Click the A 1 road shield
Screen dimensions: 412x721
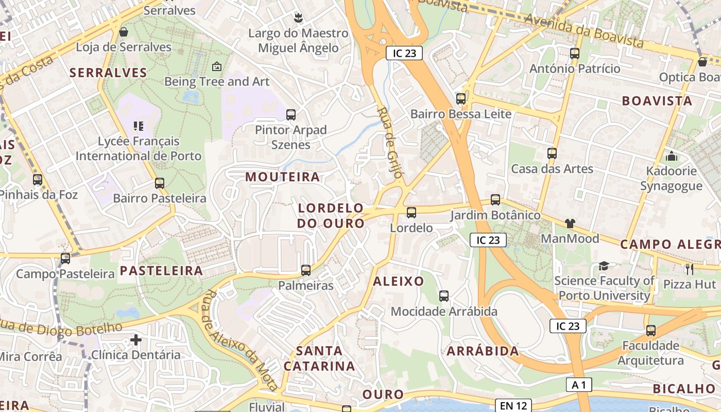point(579,385)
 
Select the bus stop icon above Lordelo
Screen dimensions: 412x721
point(411,213)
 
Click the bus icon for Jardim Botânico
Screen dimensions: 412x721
point(495,200)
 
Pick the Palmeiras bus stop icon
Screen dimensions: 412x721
point(306,270)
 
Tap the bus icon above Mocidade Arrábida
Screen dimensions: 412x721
point(444,296)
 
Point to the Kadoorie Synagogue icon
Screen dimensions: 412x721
point(671,156)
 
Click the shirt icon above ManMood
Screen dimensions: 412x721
point(570,224)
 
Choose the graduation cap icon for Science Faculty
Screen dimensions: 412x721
point(604,266)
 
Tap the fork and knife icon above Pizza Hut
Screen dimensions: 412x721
point(690,269)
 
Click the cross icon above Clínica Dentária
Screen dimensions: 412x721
point(136,340)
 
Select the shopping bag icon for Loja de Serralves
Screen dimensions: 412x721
point(124,32)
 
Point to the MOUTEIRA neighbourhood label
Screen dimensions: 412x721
point(282,177)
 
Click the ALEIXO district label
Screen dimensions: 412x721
point(398,281)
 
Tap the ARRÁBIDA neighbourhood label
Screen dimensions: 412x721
point(483,351)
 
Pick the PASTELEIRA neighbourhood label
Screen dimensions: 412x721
point(161,271)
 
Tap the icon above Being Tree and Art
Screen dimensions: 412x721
point(217,66)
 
